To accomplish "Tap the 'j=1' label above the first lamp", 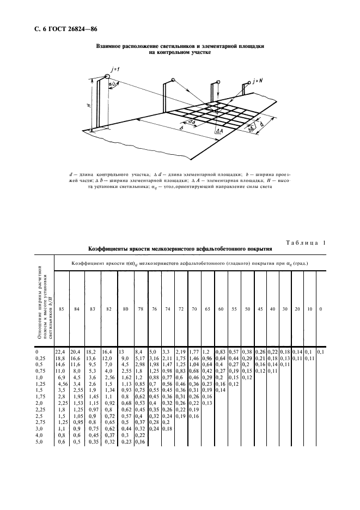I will (106, 69).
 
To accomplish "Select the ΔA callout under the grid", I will (218, 131).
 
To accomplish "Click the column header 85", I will (62, 309).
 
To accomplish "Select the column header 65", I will (207, 309).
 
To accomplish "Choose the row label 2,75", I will (41, 422).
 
